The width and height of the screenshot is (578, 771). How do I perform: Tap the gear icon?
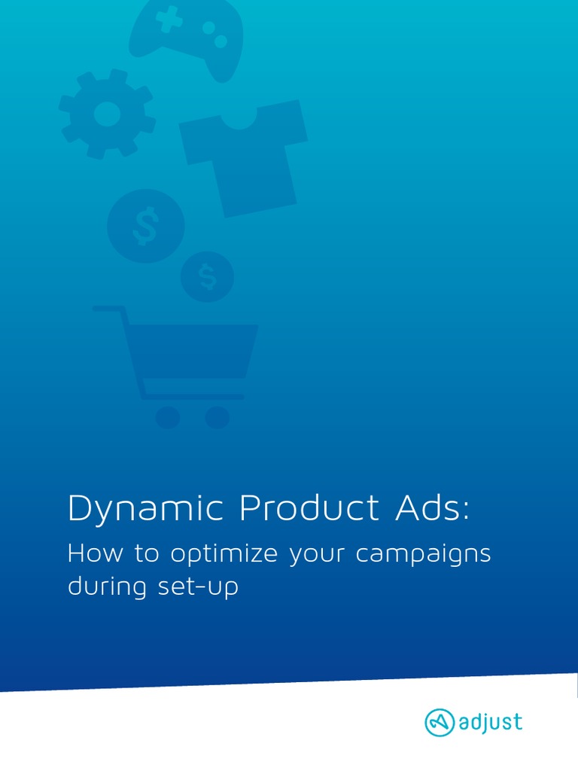point(108,114)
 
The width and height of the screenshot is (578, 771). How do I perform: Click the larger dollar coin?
point(145,226)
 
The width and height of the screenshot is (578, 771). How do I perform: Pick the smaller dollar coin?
point(207,277)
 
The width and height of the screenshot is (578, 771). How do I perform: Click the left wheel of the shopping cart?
point(168,417)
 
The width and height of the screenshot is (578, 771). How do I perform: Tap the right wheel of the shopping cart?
point(217,417)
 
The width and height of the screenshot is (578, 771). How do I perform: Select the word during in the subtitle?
point(104,587)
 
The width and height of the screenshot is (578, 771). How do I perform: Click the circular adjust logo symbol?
point(440,724)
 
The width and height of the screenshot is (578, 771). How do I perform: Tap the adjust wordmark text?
point(490,724)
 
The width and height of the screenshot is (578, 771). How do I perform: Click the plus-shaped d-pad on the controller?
point(169,19)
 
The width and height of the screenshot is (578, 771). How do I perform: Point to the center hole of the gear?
point(108,114)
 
